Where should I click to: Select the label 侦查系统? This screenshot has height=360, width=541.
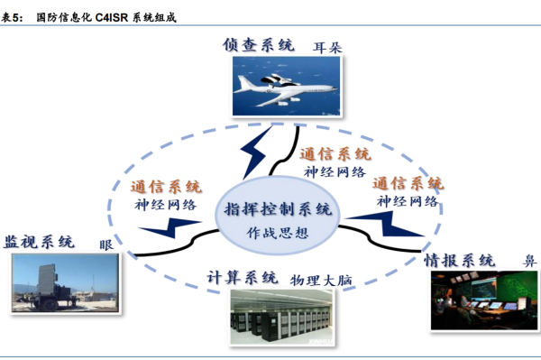pyautogui.click(x=258, y=46)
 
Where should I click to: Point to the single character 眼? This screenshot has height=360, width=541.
pyautogui.click(x=106, y=244)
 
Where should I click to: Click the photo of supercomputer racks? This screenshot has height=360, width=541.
pyautogui.click(x=277, y=318)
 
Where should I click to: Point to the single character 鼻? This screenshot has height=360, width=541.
pyautogui.click(x=529, y=261)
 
